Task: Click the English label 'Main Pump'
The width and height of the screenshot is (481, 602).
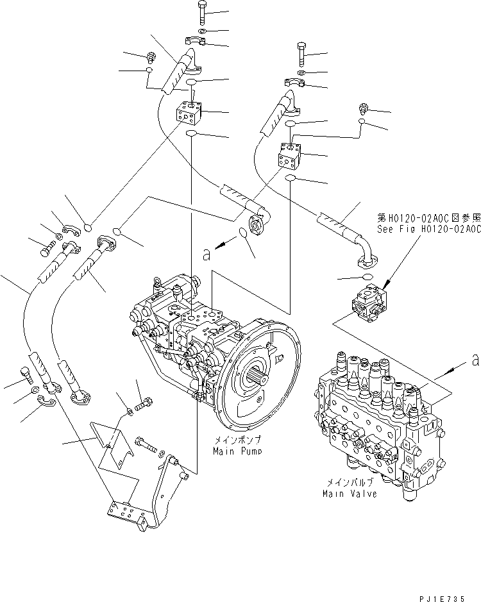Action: [x=235, y=451]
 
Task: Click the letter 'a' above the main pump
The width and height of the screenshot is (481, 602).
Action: [x=206, y=255]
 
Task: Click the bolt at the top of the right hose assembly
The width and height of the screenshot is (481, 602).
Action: [x=303, y=53]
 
